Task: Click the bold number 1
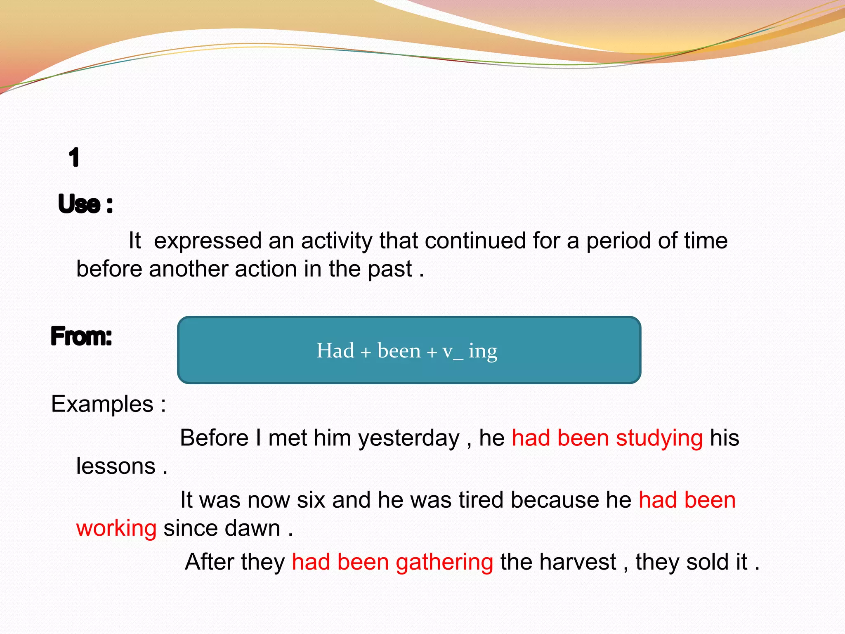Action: click(x=74, y=158)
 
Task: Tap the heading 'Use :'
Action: click(x=85, y=204)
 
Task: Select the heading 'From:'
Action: click(x=81, y=336)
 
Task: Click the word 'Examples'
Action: click(x=102, y=404)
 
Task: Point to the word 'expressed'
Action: click(x=208, y=241)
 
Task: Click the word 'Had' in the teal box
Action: click(x=335, y=351)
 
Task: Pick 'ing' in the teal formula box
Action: click(x=483, y=352)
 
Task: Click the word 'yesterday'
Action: click(x=408, y=438)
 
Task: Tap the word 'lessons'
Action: click(x=116, y=466)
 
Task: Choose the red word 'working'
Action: click(x=116, y=529)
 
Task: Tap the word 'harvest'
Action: click(x=577, y=562)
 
